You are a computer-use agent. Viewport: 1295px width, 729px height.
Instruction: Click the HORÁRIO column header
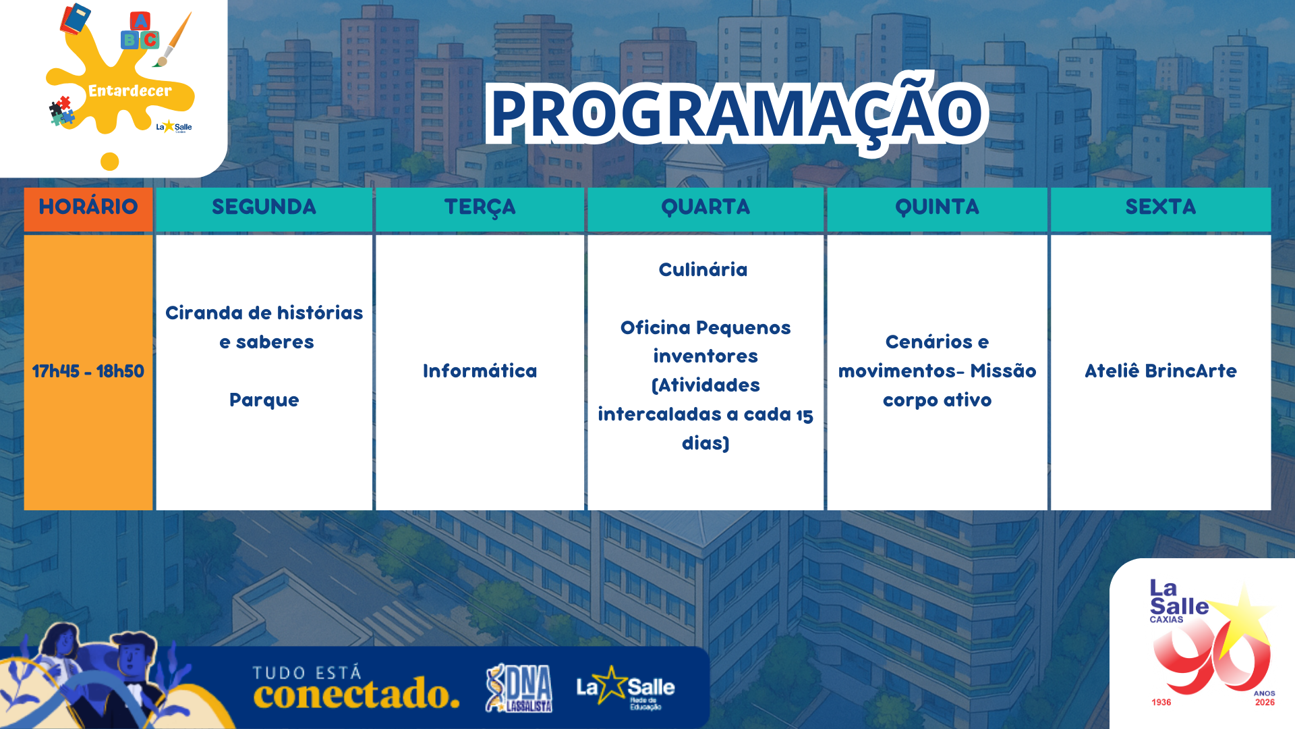[88, 207]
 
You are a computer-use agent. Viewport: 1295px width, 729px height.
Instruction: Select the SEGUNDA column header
[264, 207]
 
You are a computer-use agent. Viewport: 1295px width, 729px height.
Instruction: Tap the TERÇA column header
[480, 207]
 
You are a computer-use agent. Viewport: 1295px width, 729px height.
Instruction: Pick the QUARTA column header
[706, 207]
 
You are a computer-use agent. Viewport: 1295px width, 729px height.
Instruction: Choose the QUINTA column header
[937, 207]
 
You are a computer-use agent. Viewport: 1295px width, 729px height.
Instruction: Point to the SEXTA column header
[1161, 207]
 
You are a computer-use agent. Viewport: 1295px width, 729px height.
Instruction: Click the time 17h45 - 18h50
[88, 371]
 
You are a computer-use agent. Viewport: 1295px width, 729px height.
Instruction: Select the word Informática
[480, 371]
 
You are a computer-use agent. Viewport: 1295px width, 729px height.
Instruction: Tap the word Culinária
[703, 269]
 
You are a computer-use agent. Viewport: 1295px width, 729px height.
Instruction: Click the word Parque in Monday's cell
[264, 400]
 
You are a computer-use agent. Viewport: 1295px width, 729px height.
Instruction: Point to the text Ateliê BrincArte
[1161, 371]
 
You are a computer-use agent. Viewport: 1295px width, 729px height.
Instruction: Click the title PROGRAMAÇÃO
[737, 113]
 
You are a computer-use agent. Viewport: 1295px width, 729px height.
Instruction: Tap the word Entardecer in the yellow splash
[130, 91]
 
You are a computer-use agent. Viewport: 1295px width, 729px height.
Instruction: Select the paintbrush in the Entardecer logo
[173, 39]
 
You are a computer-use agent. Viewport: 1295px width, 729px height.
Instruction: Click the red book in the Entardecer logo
[75, 18]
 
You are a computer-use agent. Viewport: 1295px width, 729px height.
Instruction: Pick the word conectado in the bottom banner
[356, 694]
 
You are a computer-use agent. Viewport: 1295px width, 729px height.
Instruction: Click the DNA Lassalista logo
[519, 688]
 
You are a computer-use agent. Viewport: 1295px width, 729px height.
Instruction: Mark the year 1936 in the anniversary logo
[1161, 703]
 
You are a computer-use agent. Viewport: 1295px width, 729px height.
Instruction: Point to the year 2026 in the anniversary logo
[1265, 703]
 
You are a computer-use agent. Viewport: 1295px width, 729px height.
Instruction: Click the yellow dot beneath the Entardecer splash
[110, 162]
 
